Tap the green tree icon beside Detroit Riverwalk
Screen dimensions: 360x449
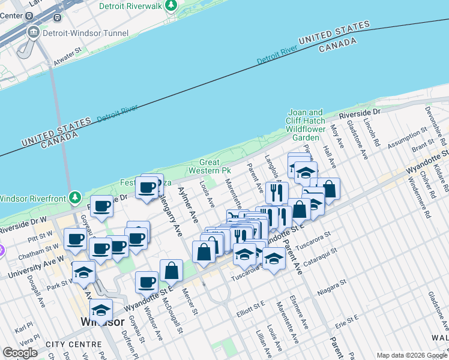coord(172,5)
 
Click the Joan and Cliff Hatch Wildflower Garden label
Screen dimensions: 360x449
coord(306,125)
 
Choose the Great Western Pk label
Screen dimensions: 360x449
coord(215,167)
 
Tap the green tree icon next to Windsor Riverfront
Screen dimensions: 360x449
coord(74,197)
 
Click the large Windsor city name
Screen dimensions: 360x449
coord(103,322)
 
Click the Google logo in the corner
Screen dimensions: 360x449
coord(20,353)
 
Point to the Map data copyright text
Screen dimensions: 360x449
coord(411,355)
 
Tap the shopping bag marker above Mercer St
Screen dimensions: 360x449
coord(172,270)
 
